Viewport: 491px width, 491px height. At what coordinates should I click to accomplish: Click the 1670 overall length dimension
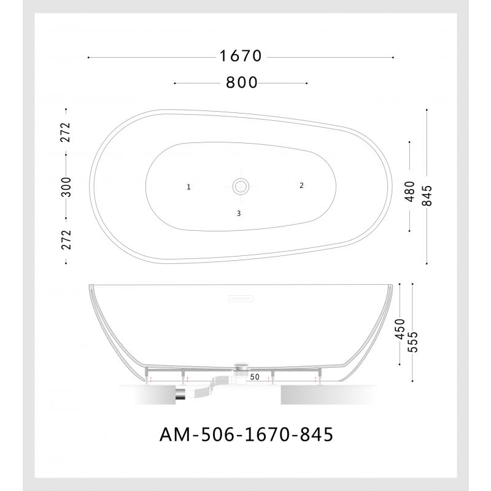241,56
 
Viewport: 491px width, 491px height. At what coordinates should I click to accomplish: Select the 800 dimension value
241,82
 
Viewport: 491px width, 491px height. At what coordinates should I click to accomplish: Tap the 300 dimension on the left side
66,186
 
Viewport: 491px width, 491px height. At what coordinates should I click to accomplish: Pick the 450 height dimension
400,330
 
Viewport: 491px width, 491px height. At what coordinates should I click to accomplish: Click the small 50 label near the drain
255,376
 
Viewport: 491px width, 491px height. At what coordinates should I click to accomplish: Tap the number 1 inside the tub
189,187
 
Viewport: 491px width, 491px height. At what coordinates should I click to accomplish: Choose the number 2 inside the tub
301,185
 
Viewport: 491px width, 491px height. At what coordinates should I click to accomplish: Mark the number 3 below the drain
239,214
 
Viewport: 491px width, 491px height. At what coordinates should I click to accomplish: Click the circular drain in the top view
240,185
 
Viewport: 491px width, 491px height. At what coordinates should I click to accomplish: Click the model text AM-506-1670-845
245,435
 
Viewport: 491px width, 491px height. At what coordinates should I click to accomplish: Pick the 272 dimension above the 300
66,132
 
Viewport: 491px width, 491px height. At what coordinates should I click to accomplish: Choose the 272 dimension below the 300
66,239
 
